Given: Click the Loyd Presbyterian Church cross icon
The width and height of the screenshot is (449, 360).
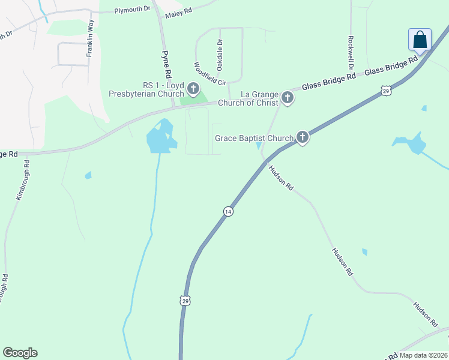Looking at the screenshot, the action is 193,89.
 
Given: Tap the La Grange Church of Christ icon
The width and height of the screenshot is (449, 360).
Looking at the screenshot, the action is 288,98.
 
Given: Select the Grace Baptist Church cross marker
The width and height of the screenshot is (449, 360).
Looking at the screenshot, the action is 303,138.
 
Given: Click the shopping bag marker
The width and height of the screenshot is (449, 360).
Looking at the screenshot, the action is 420,40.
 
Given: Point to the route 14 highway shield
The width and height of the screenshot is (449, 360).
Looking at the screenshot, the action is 228,211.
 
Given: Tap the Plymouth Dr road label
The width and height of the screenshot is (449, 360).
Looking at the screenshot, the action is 131,10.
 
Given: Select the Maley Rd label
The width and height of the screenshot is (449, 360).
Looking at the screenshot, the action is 178,12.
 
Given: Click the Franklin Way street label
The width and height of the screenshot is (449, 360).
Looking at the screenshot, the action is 90,38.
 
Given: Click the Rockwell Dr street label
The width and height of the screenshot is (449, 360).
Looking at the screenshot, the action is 350,50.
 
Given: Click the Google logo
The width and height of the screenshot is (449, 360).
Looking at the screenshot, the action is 20,353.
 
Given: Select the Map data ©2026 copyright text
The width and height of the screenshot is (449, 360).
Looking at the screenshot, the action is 423,355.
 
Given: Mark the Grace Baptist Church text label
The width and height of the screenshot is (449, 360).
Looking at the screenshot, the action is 255,139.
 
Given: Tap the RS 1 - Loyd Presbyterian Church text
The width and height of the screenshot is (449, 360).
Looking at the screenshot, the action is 146,89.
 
